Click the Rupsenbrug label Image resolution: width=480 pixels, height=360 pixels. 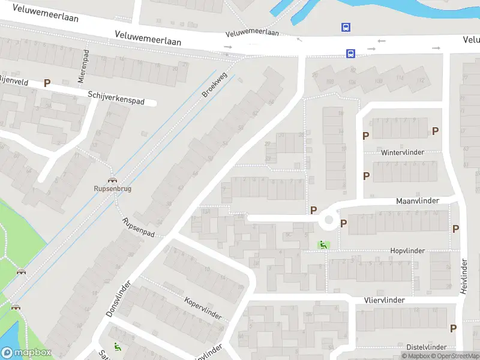pyautogui.click(x=112, y=188)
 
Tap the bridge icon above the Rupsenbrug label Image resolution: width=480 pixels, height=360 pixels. pyautogui.click(x=112, y=179)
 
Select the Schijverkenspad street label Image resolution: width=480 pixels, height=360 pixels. pyautogui.click(x=116, y=98)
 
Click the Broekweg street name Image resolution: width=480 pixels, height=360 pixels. pyautogui.click(x=211, y=86)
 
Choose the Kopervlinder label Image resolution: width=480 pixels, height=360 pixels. pyautogui.click(x=203, y=308)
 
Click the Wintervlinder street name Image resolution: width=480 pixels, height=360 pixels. pyautogui.click(x=402, y=152)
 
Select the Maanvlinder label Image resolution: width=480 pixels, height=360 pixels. pyautogui.click(x=418, y=200)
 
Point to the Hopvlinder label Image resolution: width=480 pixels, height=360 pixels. pyautogui.click(x=407, y=251)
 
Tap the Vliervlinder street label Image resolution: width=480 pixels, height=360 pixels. pyautogui.click(x=384, y=300)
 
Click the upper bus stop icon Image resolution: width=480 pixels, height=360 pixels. pyautogui.click(x=346, y=27)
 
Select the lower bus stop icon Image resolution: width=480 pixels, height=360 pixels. pyautogui.click(x=350, y=53)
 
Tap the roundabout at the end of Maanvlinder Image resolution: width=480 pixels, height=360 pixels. pyautogui.click(x=328, y=220)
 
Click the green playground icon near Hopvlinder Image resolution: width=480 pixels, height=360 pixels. pyautogui.click(x=323, y=244)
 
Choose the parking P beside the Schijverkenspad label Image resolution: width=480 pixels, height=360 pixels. pyautogui.click(x=46, y=83)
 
